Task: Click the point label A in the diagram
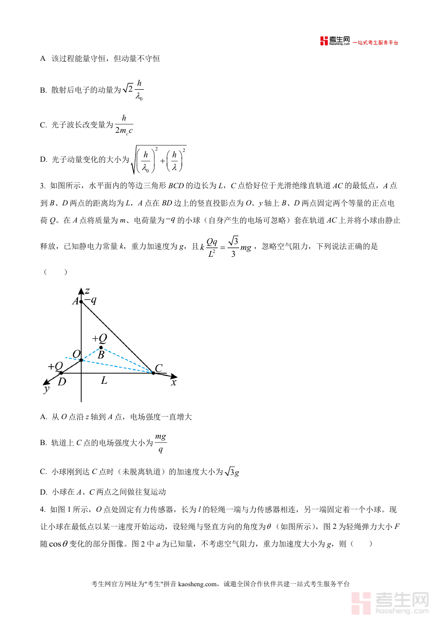(x=75, y=301)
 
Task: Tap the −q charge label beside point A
(x=90, y=300)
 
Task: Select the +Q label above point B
(x=99, y=338)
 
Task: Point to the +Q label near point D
(x=55, y=366)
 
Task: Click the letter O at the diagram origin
(x=76, y=354)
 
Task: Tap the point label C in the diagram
(x=159, y=368)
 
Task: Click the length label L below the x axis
(x=104, y=380)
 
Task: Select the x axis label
(x=173, y=382)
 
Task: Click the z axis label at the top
(x=87, y=290)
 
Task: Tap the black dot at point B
(x=101, y=348)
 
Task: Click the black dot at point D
(x=61, y=374)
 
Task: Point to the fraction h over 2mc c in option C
(x=124, y=125)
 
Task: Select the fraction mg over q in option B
(x=161, y=443)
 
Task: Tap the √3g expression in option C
(x=231, y=472)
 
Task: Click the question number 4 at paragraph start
(x=42, y=509)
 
